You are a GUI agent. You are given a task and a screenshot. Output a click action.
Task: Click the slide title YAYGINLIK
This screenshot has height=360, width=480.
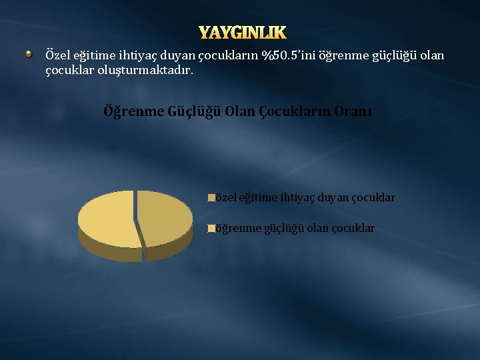tap(243, 33)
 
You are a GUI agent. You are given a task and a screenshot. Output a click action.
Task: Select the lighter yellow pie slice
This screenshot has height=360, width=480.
tap(107, 217)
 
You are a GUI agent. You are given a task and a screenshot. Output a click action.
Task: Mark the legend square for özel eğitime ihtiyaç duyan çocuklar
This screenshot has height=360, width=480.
tap(211, 198)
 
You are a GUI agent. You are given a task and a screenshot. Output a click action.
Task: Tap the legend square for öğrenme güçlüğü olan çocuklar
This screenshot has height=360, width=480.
tap(211, 229)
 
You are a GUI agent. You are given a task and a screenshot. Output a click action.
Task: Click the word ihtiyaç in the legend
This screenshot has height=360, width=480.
tap(298, 198)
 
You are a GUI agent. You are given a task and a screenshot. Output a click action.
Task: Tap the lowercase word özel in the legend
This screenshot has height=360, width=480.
tap(225, 198)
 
